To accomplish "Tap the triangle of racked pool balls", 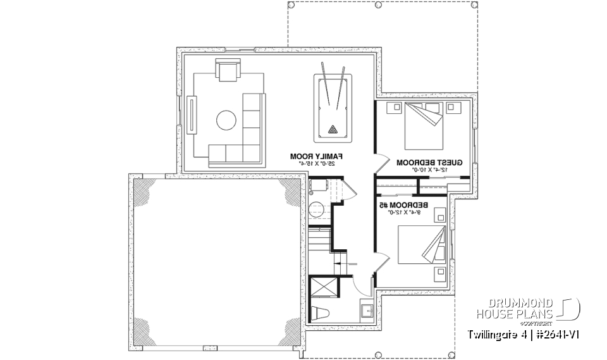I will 332,130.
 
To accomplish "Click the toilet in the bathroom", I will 322,313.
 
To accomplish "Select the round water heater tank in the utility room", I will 316,209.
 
